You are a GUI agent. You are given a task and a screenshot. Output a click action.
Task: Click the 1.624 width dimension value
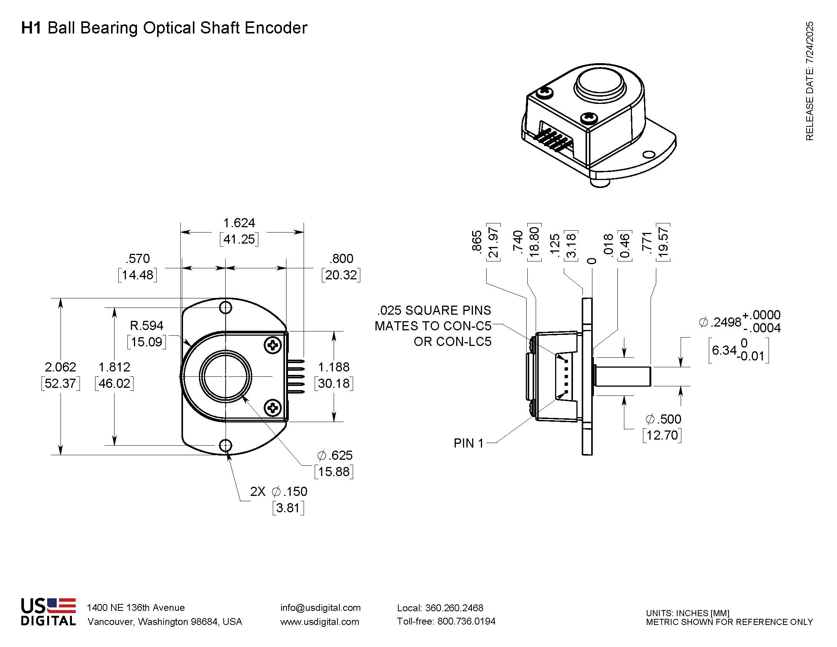pyautogui.click(x=239, y=223)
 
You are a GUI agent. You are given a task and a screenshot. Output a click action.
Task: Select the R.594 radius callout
pyautogui.click(x=147, y=325)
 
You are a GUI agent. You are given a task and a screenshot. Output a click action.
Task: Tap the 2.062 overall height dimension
pyautogui.click(x=60, y=367)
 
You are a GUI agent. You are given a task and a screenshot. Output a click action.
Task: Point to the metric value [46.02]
pyautogui.click(x=114, y=383)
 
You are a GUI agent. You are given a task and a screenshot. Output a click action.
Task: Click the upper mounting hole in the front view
pyautogui.click(x=225, y=307)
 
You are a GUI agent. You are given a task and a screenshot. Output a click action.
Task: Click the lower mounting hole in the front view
pyautogui.click(x=225, y=445)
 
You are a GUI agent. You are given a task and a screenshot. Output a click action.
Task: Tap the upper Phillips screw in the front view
pyautogui.click(x=273, y=345)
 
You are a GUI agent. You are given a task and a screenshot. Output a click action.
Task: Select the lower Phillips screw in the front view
pyautogui.click(x=273, y=408)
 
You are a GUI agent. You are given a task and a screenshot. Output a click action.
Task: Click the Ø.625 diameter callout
pyautogui.click(x=334, y=455)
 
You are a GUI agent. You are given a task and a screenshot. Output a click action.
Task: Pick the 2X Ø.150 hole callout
pyautogui.click(x=278, y=491)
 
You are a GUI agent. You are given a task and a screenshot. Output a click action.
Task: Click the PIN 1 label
pyautogui.click(x=468, y=443)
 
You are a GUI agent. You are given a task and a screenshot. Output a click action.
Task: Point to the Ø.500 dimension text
pyautogui.click(x=664, y=419)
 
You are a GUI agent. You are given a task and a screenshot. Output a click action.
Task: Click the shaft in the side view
pyautogui.click(x=623, y=376)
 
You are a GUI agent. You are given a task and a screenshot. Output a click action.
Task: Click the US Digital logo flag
pyautogui.click(x=61, y=605)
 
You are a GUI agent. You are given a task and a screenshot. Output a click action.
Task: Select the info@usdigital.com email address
pyautogui.click(x=320, y=607)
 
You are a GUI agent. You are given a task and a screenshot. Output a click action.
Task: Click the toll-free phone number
pyautogui.click(x=446, y=622)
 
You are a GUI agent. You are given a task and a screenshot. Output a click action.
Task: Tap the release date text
pyautogui.click(x=809, y=81)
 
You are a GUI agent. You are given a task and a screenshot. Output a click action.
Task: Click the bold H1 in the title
pyautogui.click(x=31, y=28)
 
